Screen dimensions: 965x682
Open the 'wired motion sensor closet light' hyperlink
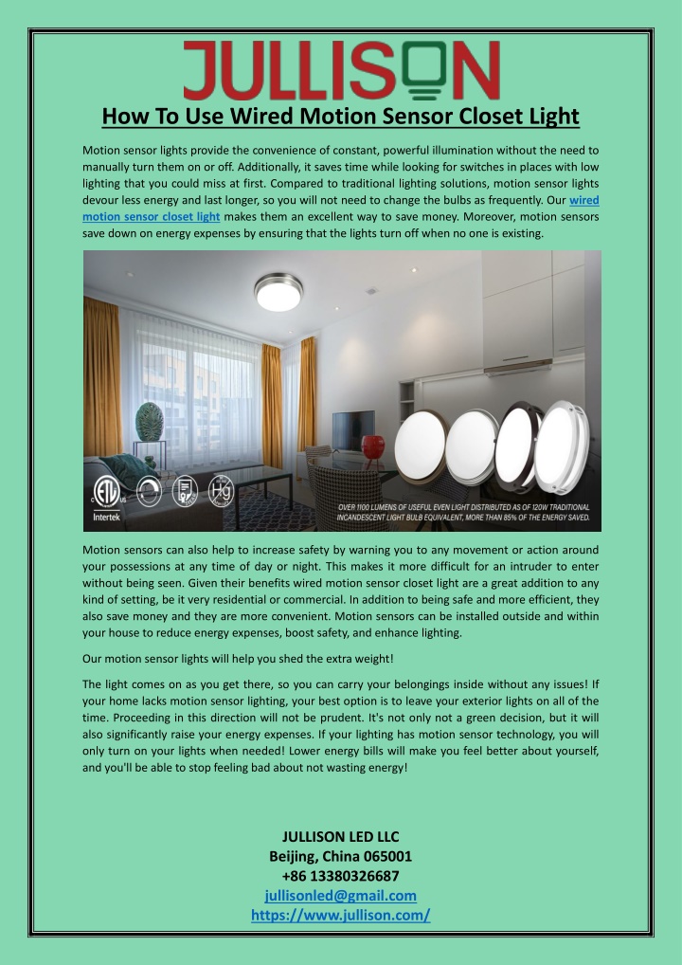click(152, 217)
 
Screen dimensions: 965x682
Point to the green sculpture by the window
click(150, 421)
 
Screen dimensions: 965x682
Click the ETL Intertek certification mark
click(105, 499)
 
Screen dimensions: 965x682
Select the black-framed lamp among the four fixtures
click(521, 443)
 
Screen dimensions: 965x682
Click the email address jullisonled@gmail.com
click(341, 895)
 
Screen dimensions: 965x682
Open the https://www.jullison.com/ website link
click(341, 915)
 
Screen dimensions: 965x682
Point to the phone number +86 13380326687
click(341, 875)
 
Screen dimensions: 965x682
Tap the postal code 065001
click(386, 855)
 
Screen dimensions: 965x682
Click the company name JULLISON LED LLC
click(341, 835)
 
